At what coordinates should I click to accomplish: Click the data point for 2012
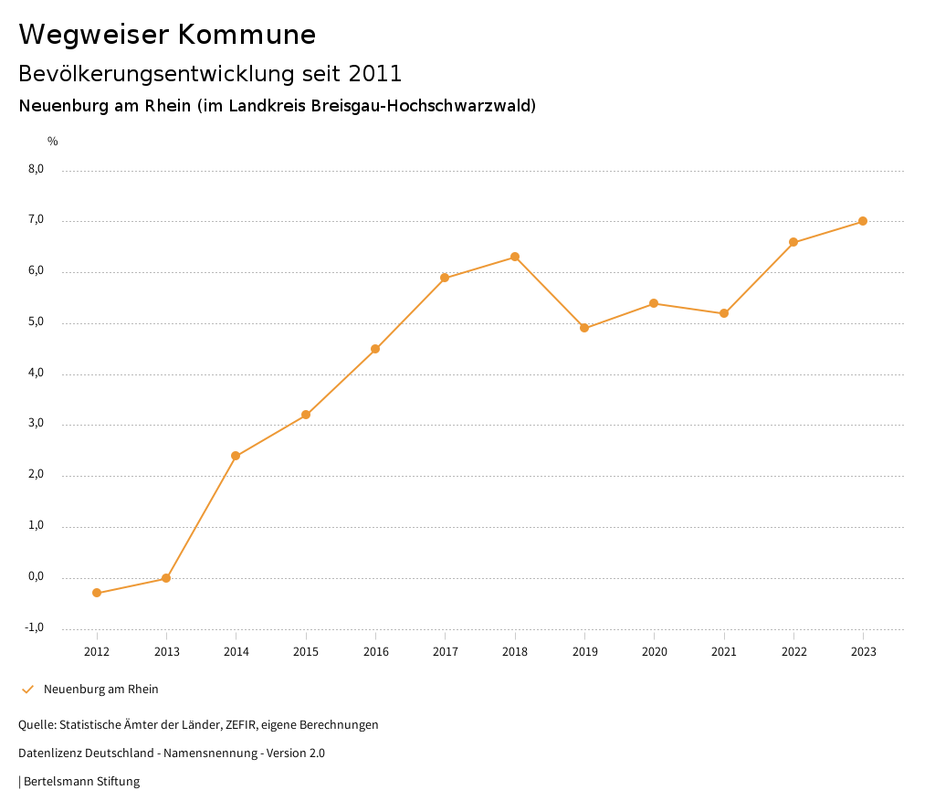(x=97, y=593)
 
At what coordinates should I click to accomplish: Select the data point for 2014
(x=236, y=456)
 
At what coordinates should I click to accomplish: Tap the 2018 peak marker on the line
(x=515, y=257)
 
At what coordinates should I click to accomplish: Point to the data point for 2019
(x=584, y=328)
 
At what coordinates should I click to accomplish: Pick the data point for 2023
(x=863, y=221)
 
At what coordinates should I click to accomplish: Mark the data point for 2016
(x=375, y=349)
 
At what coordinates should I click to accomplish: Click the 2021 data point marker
(x=724, y=313)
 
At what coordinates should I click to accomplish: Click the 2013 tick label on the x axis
(x=166, y=651)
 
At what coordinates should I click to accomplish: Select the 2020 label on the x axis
(x=654, y=651)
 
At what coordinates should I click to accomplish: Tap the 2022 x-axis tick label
(x=793, y=651)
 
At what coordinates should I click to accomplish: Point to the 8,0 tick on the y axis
(x=37, y=169)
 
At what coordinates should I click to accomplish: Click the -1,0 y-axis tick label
(x=35, y=627)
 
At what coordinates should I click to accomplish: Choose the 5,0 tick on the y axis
(x=37, y=322)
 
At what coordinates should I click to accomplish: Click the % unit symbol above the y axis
(x=53, y=141)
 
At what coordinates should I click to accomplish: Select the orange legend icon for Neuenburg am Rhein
(x=27, y=690)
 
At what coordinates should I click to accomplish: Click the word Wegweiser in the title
(x=94, y=35)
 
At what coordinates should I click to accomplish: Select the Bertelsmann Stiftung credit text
(x=81, y=782)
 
